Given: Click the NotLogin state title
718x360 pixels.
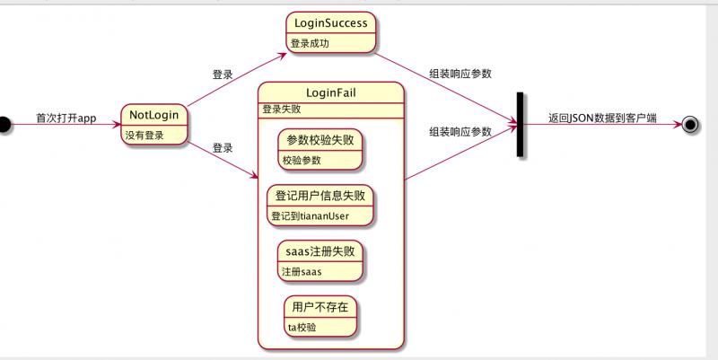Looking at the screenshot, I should click(x=153, y=114).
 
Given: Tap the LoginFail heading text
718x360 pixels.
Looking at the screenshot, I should click(x=330, y=92).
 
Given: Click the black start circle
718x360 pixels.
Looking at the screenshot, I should click(x=4, y=124).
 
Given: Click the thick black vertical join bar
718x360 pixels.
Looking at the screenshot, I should click(x=520, y=124).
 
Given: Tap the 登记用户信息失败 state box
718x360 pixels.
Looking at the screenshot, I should click(x=320, y=205).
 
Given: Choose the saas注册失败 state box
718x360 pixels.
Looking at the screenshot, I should click(x=320, y=260).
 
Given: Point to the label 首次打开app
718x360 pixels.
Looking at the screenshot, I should click(x=66, y=118).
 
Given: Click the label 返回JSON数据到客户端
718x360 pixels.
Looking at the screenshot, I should click(x=602, y=118).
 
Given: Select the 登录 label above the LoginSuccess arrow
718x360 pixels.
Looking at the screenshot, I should click(x=223, y=75).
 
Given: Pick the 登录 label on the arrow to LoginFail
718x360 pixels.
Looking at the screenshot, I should click(x=223, y=148).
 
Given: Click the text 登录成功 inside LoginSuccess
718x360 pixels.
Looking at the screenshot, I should click(x=311, y=43).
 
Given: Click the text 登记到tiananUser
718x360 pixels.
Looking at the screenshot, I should click(x=310, y=215).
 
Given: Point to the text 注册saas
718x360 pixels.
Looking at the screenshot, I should click(x=302, y=271).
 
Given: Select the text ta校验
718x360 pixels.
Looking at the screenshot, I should click(x=302, y=327).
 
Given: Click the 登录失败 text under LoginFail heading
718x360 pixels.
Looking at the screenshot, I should click(x=281, y=110).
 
